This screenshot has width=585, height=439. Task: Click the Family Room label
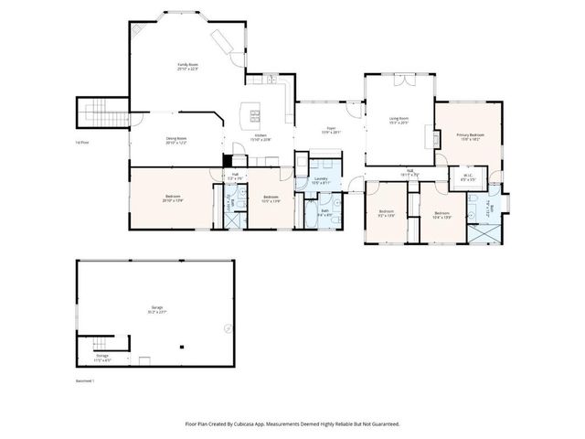tap(188, 65)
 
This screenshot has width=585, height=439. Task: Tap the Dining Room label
tap(175, 141)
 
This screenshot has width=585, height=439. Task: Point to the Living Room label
tap(399, 120)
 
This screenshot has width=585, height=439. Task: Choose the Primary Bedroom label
tap(470, 136)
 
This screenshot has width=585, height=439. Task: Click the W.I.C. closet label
tap(467, 177)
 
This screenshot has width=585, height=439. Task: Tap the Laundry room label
tap(320, 181)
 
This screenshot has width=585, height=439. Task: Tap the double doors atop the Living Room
tap(399, 80)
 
